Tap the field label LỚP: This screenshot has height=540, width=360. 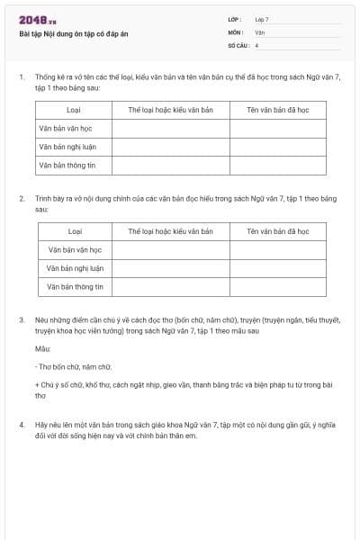[x=235, y=19]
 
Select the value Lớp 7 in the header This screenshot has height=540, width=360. [x=261, y=19]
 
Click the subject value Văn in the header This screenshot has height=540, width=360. [x=259, y=31]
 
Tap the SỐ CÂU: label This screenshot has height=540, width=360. [x=238, y=44]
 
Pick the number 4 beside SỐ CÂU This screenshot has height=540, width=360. [x=256, y=44]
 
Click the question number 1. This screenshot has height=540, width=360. [x=21, y=78]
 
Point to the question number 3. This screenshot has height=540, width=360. [x=21, y=319]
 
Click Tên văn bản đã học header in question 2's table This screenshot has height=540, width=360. [x=277, y=231]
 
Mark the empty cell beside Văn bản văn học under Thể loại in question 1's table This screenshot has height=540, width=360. [x=170, y=128]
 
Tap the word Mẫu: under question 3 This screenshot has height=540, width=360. [x=43, y=348]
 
